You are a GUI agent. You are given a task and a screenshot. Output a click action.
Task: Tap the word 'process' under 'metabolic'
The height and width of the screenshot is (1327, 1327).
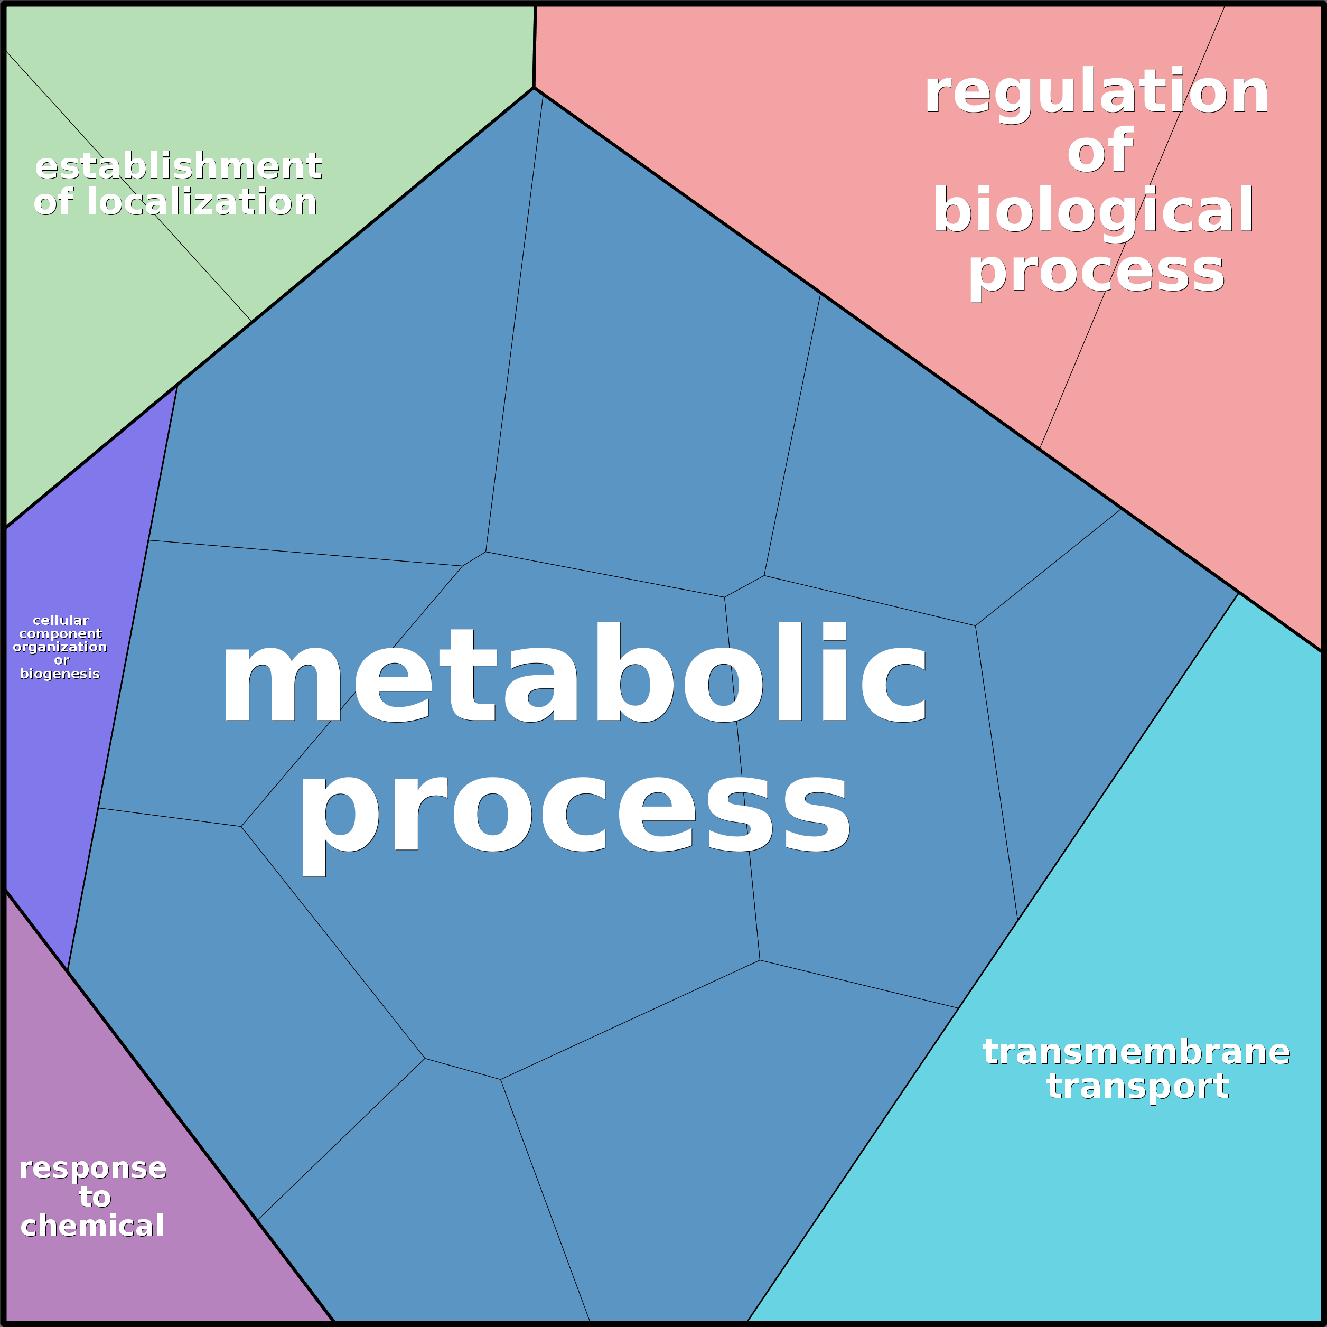coord(574,817)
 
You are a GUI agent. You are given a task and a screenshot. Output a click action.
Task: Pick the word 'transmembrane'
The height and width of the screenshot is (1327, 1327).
coord(1136,1052)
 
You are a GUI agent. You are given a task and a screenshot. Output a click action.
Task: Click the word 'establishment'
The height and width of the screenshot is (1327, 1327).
coord(179,166)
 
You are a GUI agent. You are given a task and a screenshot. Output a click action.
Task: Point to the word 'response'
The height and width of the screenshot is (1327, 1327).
coord(93,1167)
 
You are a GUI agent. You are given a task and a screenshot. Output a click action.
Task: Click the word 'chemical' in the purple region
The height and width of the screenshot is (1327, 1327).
coord(93,1226)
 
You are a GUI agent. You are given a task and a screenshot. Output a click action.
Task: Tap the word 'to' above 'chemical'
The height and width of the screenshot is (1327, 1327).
coord(95,1197)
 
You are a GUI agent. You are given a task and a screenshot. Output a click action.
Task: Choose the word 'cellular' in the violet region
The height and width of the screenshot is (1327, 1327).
coord(60,620)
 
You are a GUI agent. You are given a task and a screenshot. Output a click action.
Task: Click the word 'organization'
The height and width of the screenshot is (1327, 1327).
coord(60,647)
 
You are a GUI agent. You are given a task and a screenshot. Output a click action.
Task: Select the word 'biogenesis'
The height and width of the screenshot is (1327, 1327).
coord(60,674)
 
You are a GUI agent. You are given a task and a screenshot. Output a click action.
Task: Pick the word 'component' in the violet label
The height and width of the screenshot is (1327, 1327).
coord(60,634)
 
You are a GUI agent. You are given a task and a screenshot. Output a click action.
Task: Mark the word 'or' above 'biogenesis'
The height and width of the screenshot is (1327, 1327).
coord(61,660)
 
